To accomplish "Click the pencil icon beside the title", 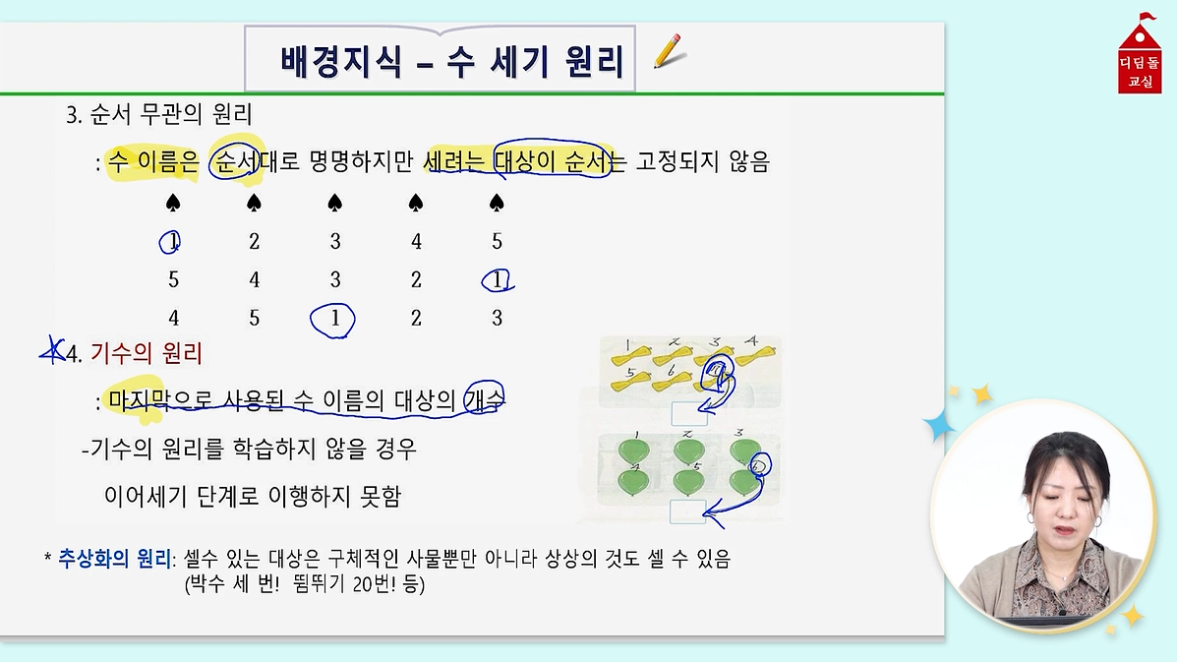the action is tap(668, 51).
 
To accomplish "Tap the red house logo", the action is tap(1140, 55).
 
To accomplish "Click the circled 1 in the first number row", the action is tap(170, 242).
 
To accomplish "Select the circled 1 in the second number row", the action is tap(497, 280).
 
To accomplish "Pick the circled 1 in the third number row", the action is tap(332, 319).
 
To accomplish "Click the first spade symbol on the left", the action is tap(173, 203).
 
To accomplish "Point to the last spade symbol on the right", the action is tap(497, 203).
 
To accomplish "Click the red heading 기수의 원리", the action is tap(147, 353).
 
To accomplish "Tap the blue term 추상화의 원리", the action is tap(114, 559).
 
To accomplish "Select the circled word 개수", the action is tap(484, 398).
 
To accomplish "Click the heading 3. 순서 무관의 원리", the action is tap(158, 114).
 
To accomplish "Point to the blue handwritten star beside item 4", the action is tap(52, 351).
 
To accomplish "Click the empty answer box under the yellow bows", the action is tap(689, 414).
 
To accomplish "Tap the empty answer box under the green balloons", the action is tap(688, 512).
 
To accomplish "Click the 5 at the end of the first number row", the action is tap(497, 242).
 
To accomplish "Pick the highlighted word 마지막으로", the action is tap(160, 400).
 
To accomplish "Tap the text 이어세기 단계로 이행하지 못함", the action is tap(253, 496).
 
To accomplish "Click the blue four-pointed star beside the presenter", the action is tap(938, 426).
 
